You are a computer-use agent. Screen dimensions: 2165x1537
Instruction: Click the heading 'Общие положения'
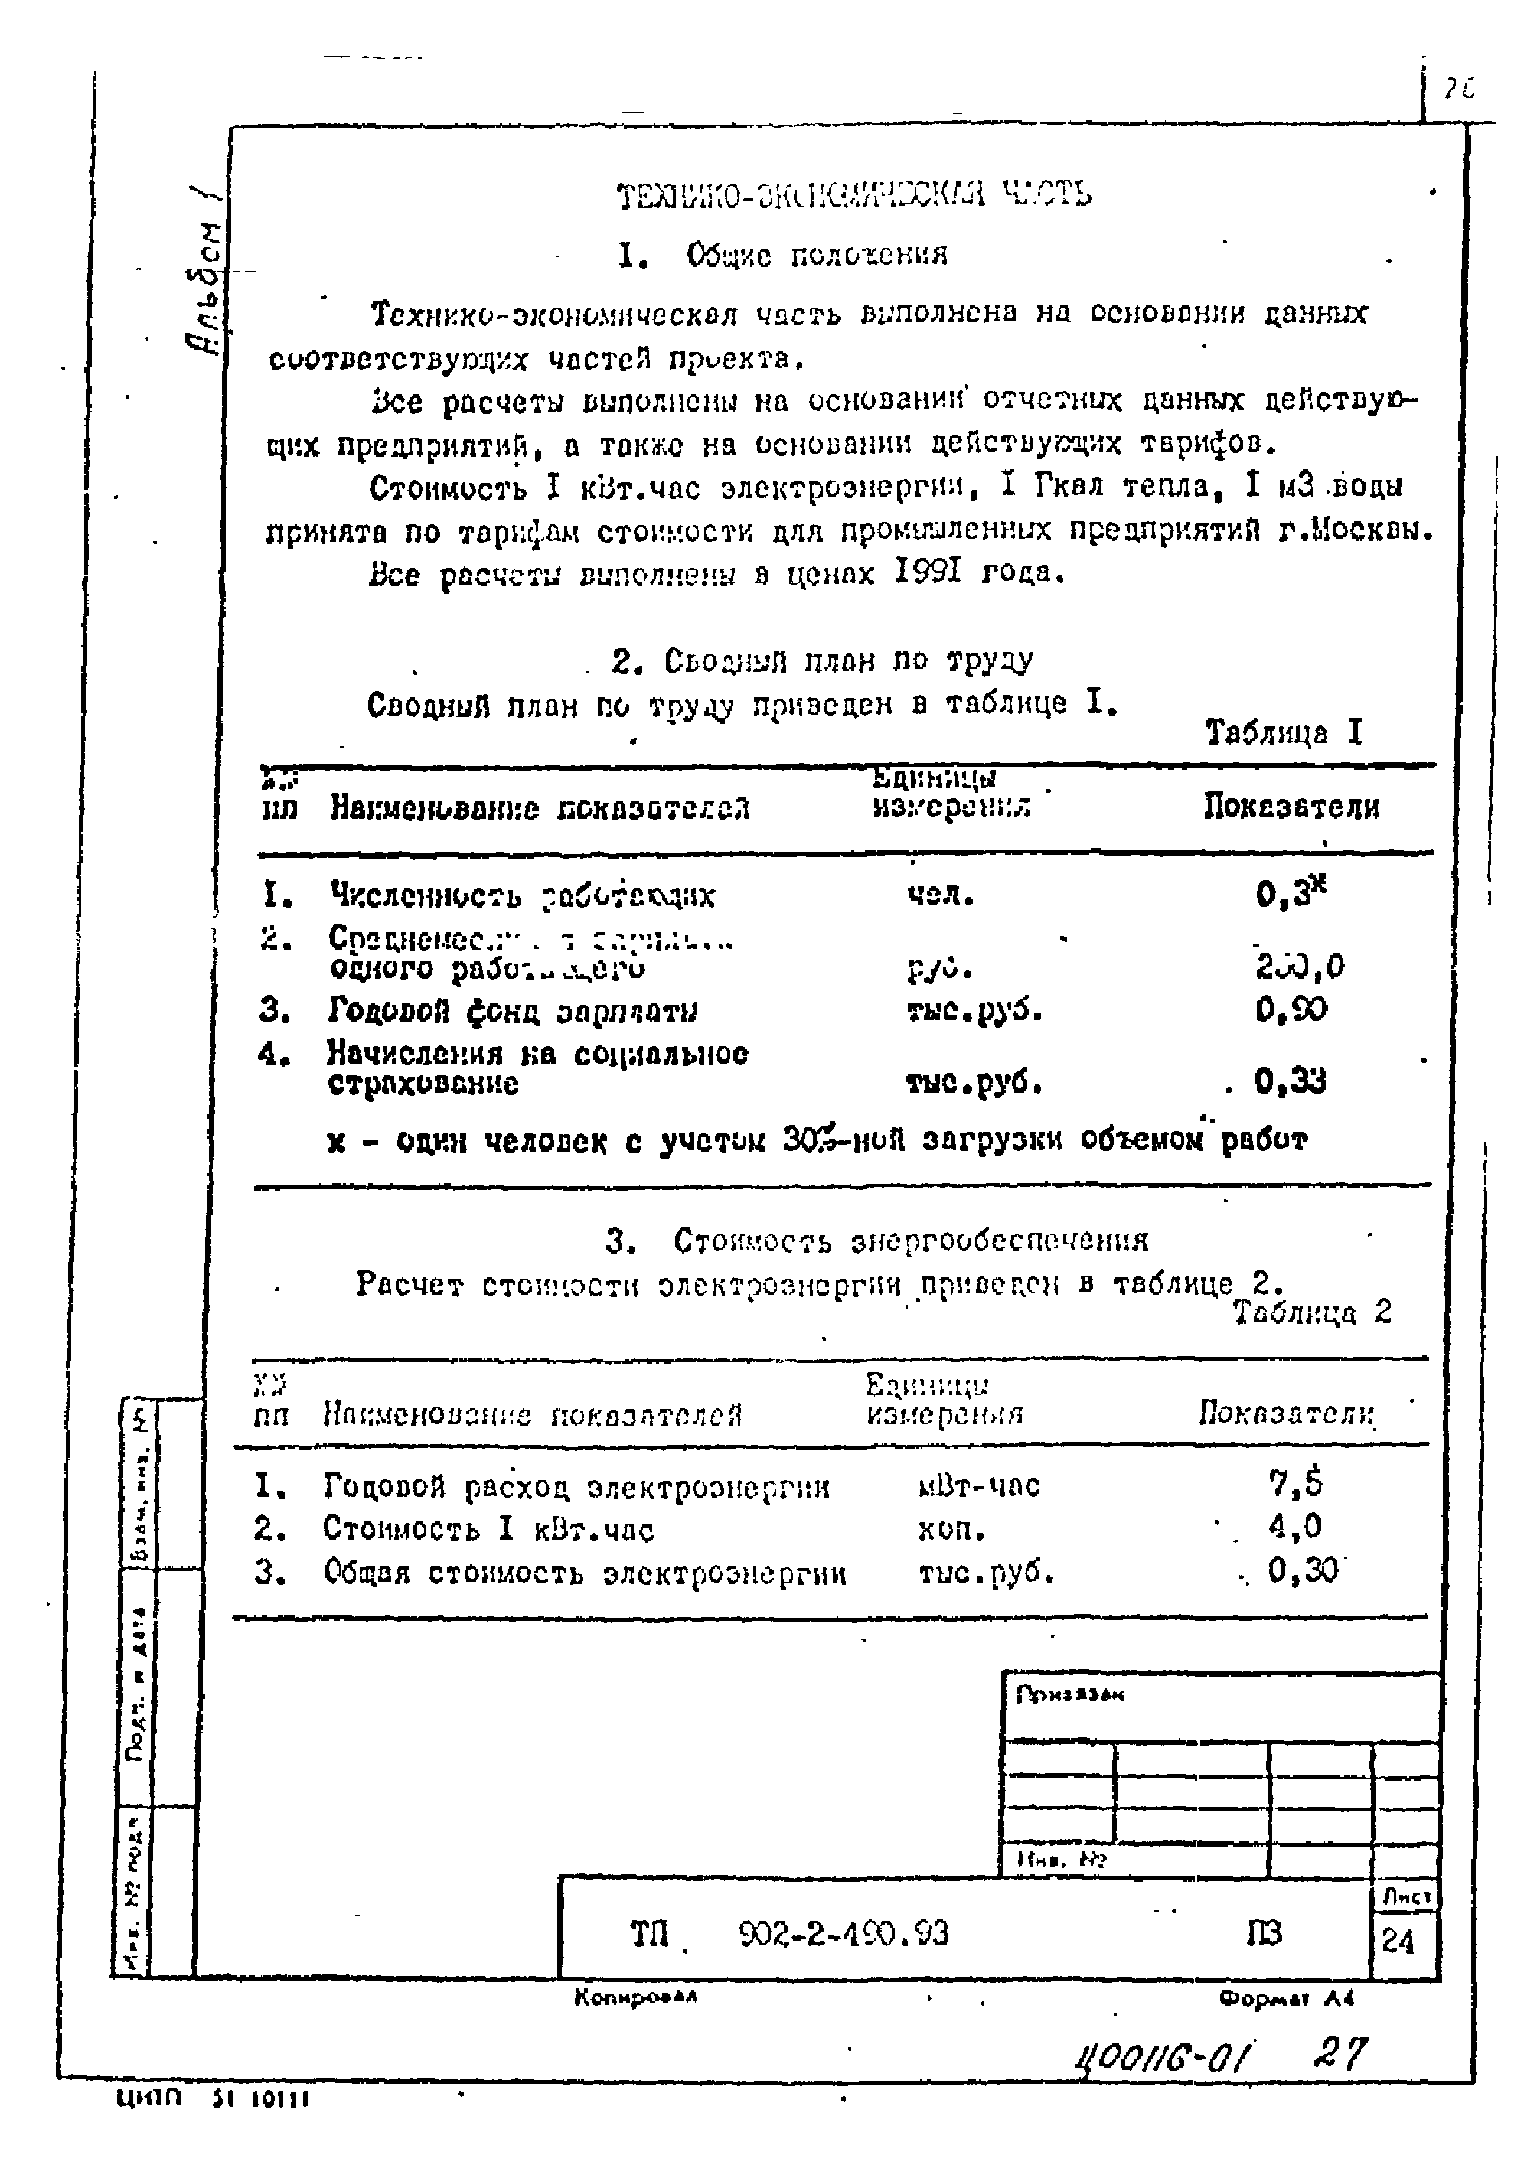click(817, 255)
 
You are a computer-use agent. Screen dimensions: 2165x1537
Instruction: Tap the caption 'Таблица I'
click(1283, 733)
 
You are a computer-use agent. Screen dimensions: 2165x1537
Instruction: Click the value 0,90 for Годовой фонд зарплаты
click(1291, 1010)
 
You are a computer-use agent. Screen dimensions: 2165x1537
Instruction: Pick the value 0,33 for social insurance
click(1290, 1080)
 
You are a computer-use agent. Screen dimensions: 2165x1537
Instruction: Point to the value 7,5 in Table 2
click(1295, 1484)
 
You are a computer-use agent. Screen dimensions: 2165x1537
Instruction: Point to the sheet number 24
click(1397, 1942)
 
